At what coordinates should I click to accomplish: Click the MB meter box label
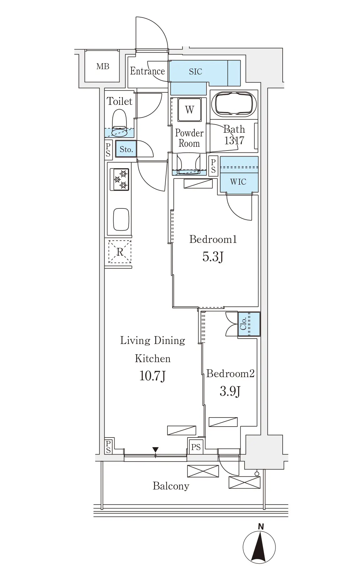(103, 66)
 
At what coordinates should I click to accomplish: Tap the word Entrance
(147, 71)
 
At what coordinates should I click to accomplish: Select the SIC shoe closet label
(196, 72)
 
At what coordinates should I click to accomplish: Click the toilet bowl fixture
(119, 124)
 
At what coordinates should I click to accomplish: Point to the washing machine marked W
(189, 110)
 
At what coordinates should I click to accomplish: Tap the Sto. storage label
(126, 149)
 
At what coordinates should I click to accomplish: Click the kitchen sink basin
(121, 220)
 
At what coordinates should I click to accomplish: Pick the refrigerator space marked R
(120, 252)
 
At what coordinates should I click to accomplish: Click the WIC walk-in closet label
(238, 182)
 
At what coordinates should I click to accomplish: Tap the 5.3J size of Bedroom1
(213, 257)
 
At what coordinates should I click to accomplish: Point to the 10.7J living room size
(152, 375)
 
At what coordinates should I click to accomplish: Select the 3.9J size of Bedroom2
(230, 391)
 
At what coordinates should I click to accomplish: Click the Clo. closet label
(243, 324)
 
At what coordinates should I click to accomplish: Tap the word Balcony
(171, 486)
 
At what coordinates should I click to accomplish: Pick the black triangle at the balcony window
(155, 450)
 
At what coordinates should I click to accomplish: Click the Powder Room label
(189, 138)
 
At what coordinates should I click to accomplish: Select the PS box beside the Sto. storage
(108, 149)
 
